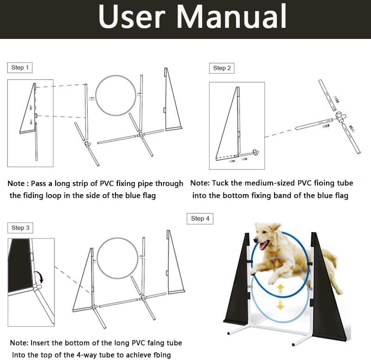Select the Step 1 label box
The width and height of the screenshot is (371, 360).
(x=20, y=68)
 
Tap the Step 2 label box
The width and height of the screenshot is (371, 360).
(x=222, y=68)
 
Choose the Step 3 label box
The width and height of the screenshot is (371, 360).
(x=20, y=227)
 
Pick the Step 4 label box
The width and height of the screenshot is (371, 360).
(x=200, y=218)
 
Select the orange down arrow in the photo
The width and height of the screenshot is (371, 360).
(x=280, y=304)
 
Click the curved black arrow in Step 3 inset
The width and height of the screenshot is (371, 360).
(x=41, y=278)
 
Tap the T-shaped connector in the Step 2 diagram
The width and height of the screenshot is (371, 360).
(x=340, y=115)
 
